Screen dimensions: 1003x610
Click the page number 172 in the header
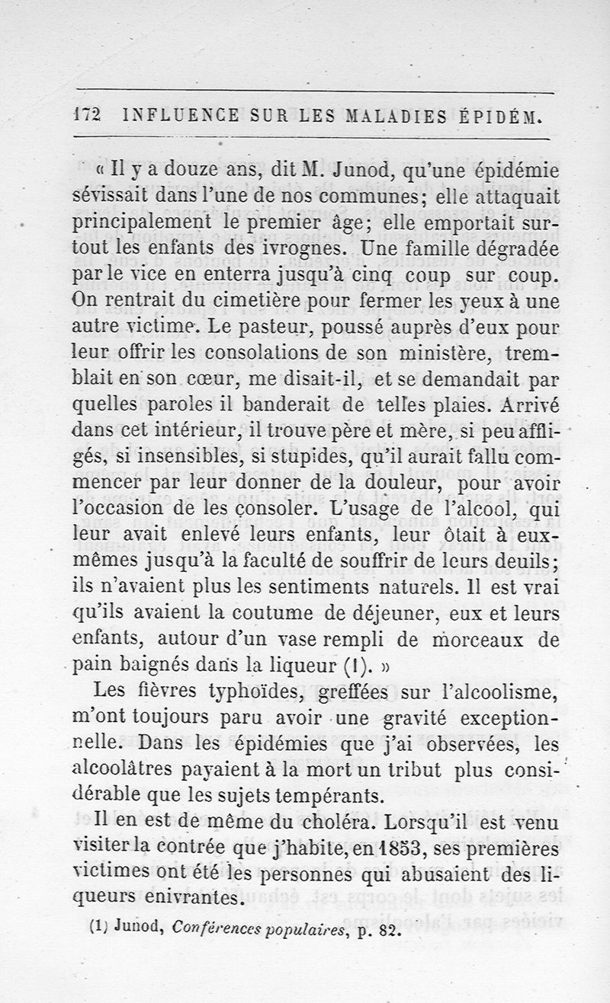(88, 116)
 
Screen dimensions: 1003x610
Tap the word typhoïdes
(250, 692)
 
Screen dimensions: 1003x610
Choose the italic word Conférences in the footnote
(216, 928)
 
